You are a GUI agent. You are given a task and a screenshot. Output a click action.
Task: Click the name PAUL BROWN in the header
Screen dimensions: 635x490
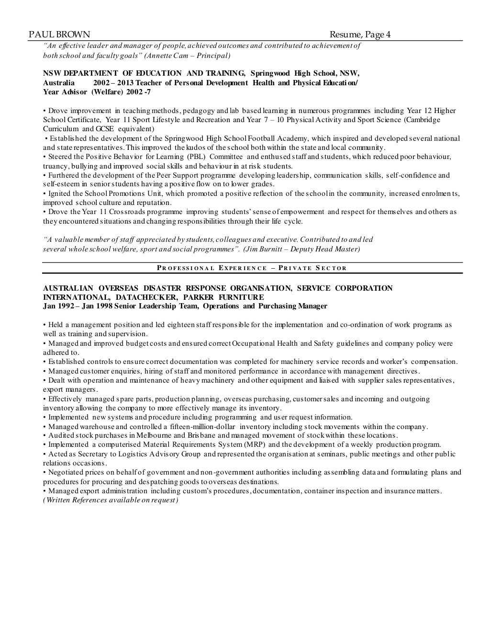59,34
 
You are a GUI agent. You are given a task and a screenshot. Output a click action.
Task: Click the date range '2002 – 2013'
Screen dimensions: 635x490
113,82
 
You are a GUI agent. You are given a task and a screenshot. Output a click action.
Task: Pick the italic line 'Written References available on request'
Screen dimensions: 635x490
111,500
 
